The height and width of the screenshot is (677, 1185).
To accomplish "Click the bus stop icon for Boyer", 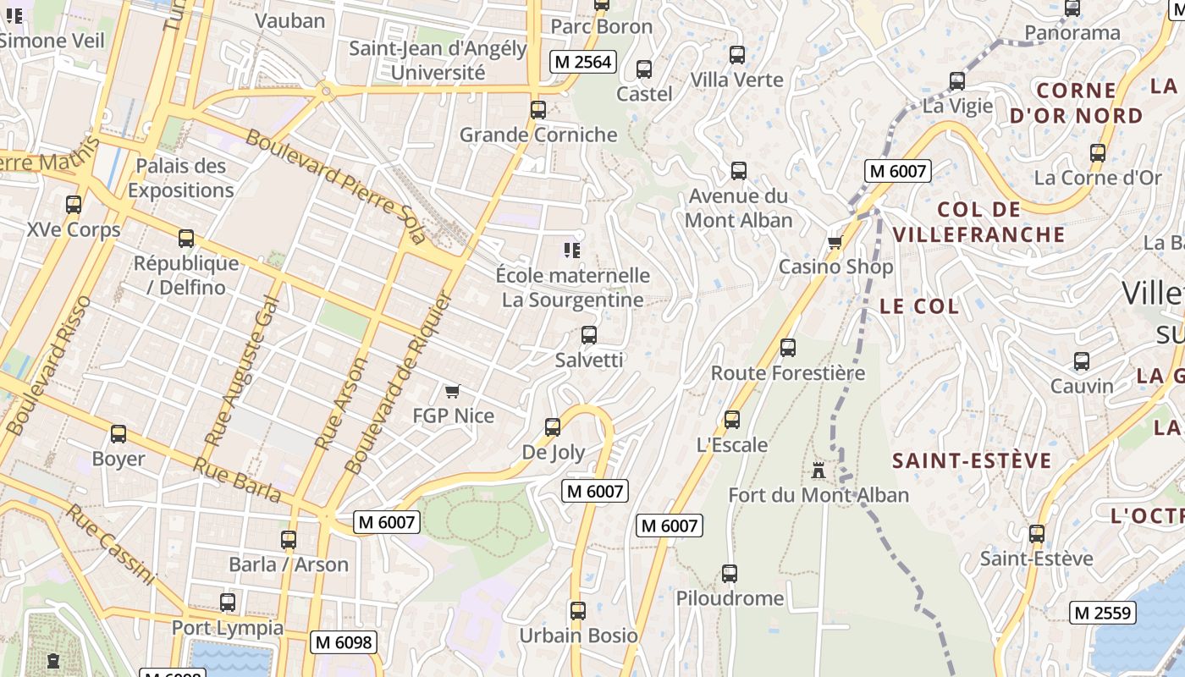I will pos(118,434).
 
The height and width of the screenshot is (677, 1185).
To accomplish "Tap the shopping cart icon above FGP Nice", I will pos(452,391).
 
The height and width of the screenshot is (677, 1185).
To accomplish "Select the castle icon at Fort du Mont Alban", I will pos(818,471).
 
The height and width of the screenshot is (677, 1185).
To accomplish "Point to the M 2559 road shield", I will pos(1103,613).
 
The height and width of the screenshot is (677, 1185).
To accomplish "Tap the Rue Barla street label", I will pos(237,480).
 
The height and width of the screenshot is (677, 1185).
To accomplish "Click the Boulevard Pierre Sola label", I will pos(335,187).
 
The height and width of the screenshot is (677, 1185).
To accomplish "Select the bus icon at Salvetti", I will pos(589,335).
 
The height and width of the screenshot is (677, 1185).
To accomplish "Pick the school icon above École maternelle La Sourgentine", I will pos(572,250).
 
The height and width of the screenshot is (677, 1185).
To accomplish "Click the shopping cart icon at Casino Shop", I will pos(835,243).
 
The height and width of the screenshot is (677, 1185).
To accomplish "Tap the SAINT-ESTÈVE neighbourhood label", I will pos(972,461).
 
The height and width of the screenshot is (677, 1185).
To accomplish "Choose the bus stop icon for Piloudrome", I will pos(730,574).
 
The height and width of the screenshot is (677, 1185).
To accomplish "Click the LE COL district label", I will pos(919,306).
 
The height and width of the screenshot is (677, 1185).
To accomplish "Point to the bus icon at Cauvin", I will pos(1082,361).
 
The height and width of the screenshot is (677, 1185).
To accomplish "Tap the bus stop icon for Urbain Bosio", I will pos(578,610).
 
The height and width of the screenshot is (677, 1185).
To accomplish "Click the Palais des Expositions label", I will pos(180,178).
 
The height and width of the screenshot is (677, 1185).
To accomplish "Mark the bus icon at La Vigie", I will pos(957,81).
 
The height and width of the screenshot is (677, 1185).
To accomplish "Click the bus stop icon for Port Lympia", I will pos(228,603).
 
